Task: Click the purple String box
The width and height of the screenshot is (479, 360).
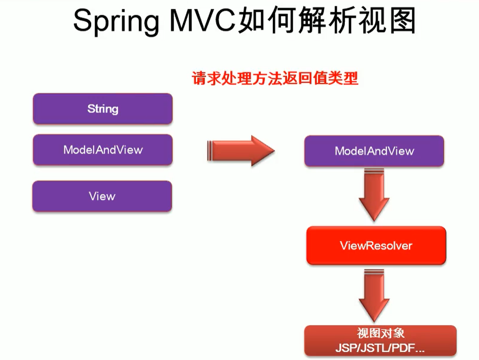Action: [102, 109]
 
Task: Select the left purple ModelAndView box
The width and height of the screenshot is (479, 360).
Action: [102, 150]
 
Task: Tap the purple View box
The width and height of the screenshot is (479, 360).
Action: [102, 196]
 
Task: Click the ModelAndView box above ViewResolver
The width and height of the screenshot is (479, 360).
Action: [374, 151]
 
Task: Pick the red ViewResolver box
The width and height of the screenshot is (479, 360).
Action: [376, 246]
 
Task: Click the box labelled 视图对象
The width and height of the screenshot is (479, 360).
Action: [380, 341]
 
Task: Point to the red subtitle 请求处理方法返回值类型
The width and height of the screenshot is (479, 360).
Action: [274, 78]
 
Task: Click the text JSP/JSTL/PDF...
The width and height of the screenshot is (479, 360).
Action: [380, 348]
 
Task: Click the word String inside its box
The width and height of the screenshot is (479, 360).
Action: [102, 109]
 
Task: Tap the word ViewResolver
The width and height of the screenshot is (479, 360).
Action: [376, 246]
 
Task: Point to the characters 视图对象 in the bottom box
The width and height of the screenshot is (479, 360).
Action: [380, 334]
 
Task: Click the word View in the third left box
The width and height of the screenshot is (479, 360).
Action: [102, 196]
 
